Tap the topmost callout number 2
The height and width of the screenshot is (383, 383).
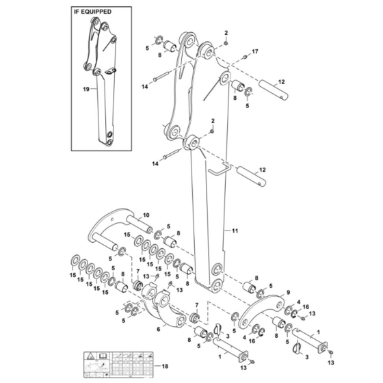pos(226,33)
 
